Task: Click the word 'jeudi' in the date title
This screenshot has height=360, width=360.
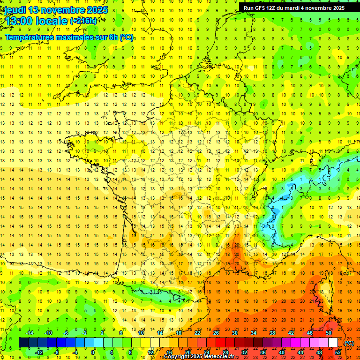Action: coord(15,10)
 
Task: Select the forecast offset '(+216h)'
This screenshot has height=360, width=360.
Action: coord(83,21)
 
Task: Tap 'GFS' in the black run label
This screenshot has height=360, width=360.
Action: coord(259,8)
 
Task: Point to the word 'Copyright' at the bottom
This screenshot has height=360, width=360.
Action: coord(177,357)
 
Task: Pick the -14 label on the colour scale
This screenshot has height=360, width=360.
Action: coord(30,333)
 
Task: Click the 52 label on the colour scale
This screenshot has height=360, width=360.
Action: coord(337,352)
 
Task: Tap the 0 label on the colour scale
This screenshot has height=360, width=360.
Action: coord(92,352)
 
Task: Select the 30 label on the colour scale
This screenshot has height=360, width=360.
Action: coord(234,333)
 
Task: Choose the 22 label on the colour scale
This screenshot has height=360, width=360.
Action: coord(197,333)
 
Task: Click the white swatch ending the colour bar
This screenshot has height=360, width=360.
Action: coord(333,343)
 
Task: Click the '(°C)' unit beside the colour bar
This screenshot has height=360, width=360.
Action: coord(349,343)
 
